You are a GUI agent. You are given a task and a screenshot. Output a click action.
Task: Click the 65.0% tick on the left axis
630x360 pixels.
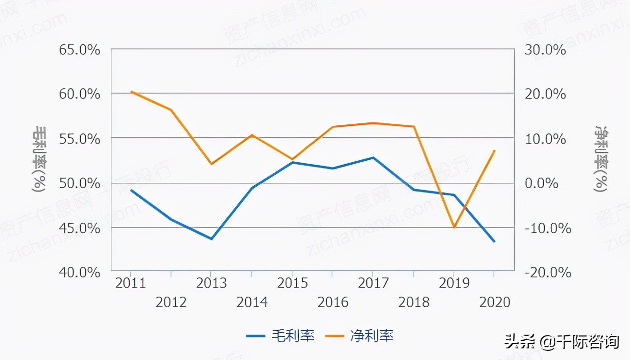point(80,50)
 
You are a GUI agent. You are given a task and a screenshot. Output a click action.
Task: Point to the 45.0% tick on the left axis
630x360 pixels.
point(80,228)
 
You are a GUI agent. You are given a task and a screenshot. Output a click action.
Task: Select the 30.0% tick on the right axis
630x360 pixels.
point(545,50)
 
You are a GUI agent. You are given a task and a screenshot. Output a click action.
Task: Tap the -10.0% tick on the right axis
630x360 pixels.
point(547,228)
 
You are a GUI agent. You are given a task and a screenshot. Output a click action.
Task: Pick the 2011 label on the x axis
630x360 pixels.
point(131,283)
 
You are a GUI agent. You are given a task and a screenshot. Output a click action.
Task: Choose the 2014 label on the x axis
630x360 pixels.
point(252,302)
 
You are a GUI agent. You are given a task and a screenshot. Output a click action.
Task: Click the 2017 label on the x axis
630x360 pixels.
point(373,283)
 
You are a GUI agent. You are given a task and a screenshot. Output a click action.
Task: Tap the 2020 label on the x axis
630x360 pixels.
point(495,302)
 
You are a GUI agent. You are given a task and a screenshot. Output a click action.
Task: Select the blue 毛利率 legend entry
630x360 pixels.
point(280,336)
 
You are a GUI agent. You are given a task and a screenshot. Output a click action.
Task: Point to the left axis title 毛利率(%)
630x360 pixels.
point(39,159)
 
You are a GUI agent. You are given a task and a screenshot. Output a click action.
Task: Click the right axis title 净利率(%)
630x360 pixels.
point(600,159)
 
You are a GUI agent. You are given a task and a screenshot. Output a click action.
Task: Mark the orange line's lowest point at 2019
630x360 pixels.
point(454,228)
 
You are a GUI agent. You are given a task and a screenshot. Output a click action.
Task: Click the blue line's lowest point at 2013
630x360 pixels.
point(211,239)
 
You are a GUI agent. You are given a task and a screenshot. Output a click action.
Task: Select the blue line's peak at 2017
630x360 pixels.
point(373,157)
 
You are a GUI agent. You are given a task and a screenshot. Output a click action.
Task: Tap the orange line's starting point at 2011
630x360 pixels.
point(131,91)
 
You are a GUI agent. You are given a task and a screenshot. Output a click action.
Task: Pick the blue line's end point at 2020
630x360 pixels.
point(494,241)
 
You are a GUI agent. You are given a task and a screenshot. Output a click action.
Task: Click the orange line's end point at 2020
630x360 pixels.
point(494,150)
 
